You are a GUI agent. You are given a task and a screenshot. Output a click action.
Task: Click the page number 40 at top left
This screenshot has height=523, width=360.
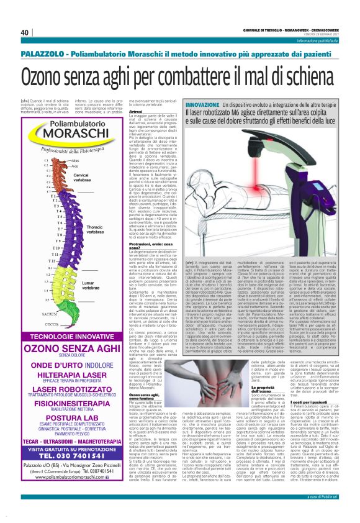pyautogui.click(x=25, y=32)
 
